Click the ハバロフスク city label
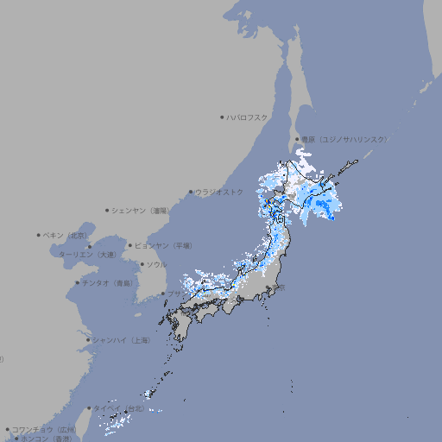[x=248, y=117]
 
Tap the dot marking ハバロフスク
[x=222, y=117]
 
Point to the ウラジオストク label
[x=219, y=192]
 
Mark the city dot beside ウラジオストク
[x=191, y=193]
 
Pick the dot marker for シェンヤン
[x=108, y=210]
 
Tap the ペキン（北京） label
[x=66, y=235]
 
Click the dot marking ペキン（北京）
[x=39, y=235]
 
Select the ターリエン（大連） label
[x=87, y=255]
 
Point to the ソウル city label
[x=156, y=264]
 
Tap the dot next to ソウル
[x=141, y=264]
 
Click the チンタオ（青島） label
[x=108, y=282]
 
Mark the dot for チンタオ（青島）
[x=77, y=282]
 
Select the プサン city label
[x=175, y=294]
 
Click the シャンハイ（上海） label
[x=121, y=340]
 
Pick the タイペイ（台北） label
[x=121, y=408]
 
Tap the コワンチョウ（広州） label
[x=44, y=429]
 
